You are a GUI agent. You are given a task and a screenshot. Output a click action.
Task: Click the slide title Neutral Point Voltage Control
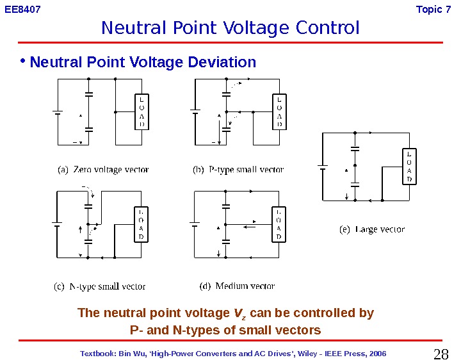pos(230,29)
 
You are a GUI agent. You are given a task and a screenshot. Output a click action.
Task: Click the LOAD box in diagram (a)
pos(142,112)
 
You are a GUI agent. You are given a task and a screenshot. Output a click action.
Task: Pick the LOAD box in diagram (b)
pos(279,112)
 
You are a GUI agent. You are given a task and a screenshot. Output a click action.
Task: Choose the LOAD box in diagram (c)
pos(142,224)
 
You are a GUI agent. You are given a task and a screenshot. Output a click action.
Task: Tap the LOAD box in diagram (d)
pos(279,224)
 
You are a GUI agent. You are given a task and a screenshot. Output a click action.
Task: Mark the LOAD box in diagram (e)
pos(409,167)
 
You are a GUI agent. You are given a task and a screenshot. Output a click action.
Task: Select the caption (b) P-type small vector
pos(238,170)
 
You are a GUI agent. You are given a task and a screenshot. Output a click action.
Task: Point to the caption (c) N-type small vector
pos(99,286)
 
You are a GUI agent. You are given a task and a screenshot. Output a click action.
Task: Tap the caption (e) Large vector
pos(371,229)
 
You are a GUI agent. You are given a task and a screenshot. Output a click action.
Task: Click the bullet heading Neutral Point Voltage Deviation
pos(143,63)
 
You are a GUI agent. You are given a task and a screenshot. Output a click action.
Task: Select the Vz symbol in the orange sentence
pos(239,314)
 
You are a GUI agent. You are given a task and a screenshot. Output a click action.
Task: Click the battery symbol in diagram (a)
pos(57,112)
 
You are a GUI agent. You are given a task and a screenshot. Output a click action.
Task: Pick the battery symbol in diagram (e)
pos(323,168)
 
